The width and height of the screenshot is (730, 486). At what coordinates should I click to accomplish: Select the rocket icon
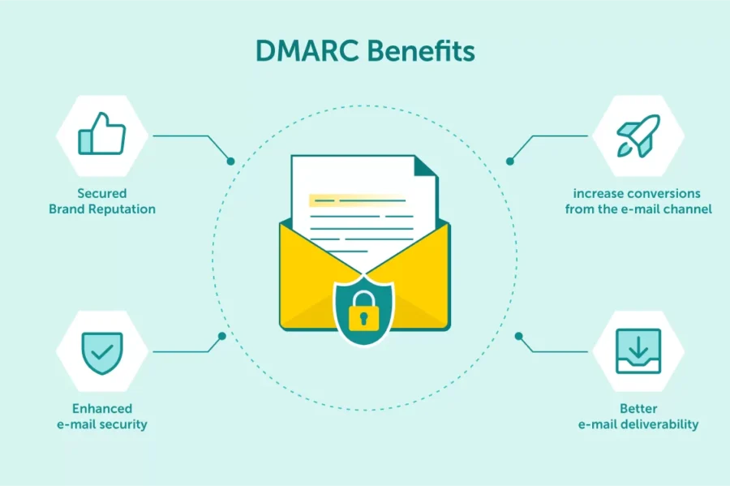point(638,135)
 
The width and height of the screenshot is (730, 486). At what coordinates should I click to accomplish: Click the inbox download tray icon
point(638,351)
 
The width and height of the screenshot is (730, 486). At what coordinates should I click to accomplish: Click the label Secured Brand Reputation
point(101,201)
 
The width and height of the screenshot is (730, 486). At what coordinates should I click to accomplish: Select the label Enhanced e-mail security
point(101,416)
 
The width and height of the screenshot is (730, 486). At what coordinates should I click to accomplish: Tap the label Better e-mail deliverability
point(638,416)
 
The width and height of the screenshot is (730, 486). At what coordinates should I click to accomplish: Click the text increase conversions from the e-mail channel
point(638,201)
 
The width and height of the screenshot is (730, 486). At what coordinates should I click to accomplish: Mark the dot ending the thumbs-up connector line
point(230,161)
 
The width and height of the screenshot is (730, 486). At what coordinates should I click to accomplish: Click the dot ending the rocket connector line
point(509,161)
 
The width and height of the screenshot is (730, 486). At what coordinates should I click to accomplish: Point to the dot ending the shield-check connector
point(221,335)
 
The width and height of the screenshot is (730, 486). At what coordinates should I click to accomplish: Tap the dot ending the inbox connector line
point(518,335)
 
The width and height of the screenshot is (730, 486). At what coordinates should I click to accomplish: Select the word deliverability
point(657,424)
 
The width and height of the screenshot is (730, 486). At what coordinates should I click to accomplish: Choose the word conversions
point(657,194)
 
